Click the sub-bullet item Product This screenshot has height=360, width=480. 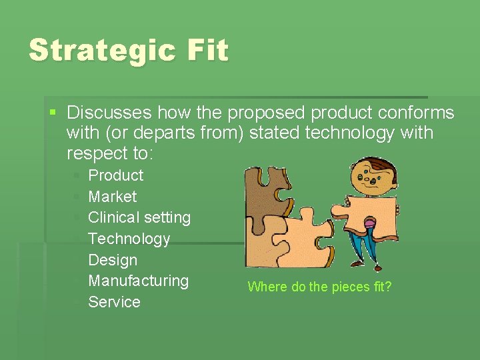(x=115, y=175)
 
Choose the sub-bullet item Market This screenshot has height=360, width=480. (x=112, y=197)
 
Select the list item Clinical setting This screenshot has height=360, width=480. (x=139, y=217)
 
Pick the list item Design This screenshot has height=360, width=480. (x=112, y=260)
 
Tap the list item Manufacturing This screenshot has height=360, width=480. (x=138, y=281)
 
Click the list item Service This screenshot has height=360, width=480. (x=114, y=302)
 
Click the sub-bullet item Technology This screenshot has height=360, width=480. (x=129, y=239)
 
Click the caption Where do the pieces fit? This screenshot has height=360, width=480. (x=319, y=287)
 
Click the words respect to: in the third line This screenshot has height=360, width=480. (x=110, y=154)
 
